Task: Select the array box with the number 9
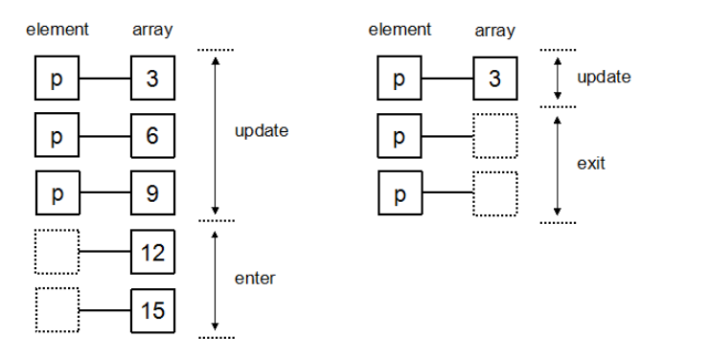pos(152,194)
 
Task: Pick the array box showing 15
pos(152,310)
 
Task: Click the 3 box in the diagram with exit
pos(494,79)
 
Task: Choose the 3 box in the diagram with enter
pos(152,79)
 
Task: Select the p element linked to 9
pos(57,194)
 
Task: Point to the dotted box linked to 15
pos(57,310)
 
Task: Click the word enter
pos(255,279)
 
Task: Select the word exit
pos(590,164)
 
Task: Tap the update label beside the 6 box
pos(261,130)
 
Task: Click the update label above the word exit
pos(604,78)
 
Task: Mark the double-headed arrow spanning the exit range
pos(558,164)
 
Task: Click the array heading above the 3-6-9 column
pos(152,30)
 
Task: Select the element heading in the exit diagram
pos(400,30)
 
